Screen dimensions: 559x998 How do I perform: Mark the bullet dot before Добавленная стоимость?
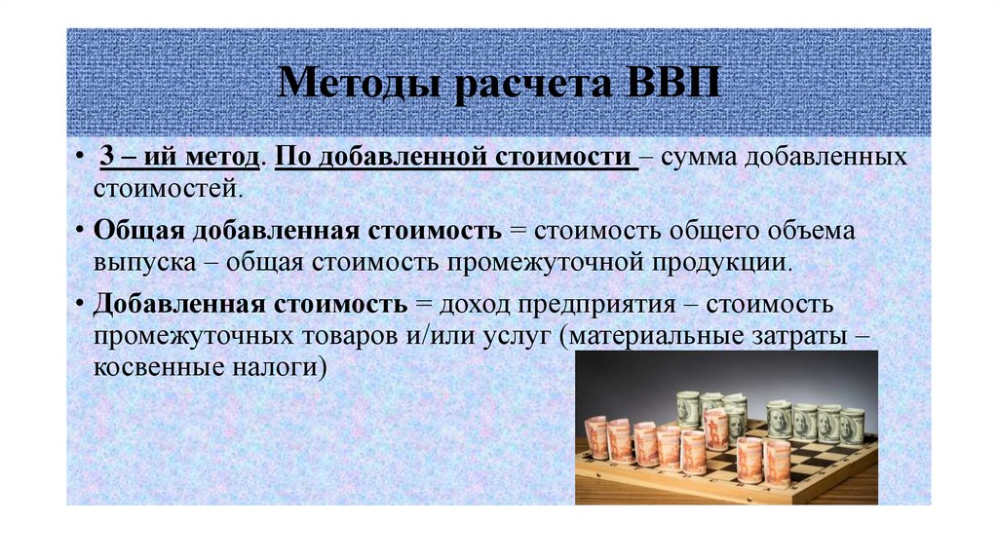(x=78, y=305)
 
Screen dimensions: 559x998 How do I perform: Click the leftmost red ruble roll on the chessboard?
(x=595, y=438)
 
